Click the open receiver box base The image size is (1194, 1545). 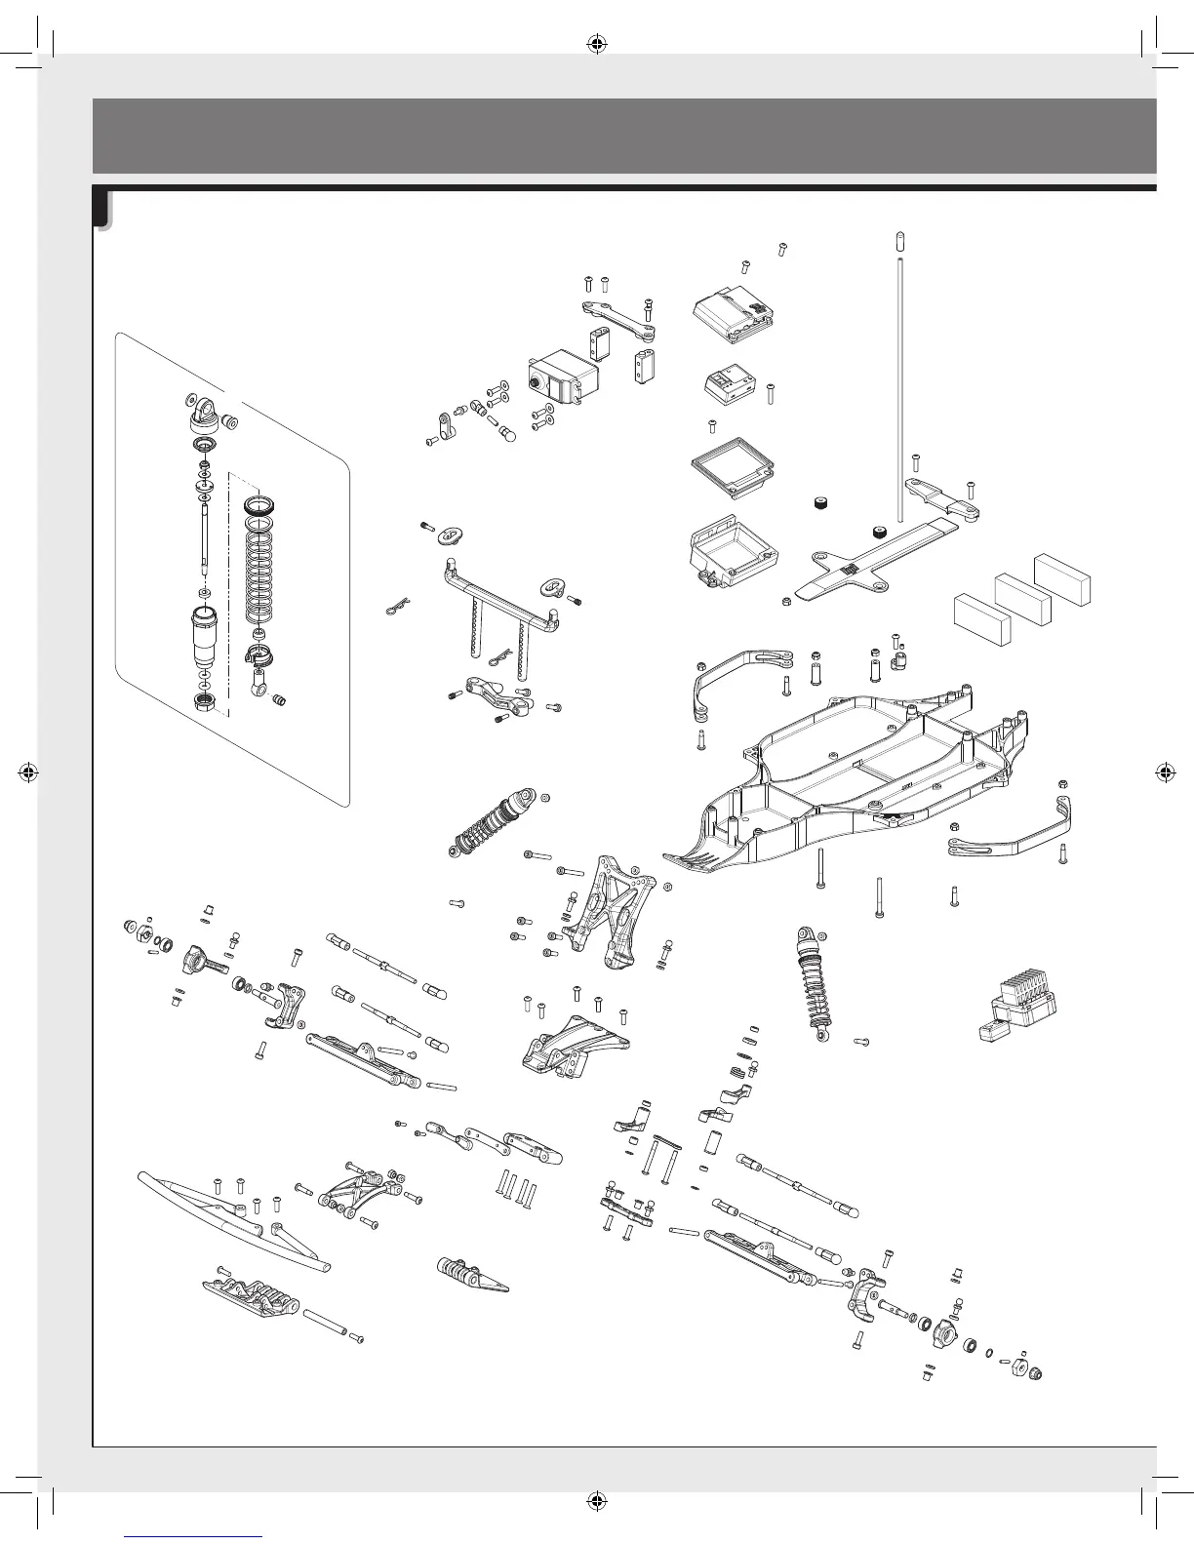(x=734, y=552)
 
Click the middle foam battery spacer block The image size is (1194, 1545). (x=1022, y=597)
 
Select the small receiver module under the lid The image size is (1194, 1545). (x=732, y=383)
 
